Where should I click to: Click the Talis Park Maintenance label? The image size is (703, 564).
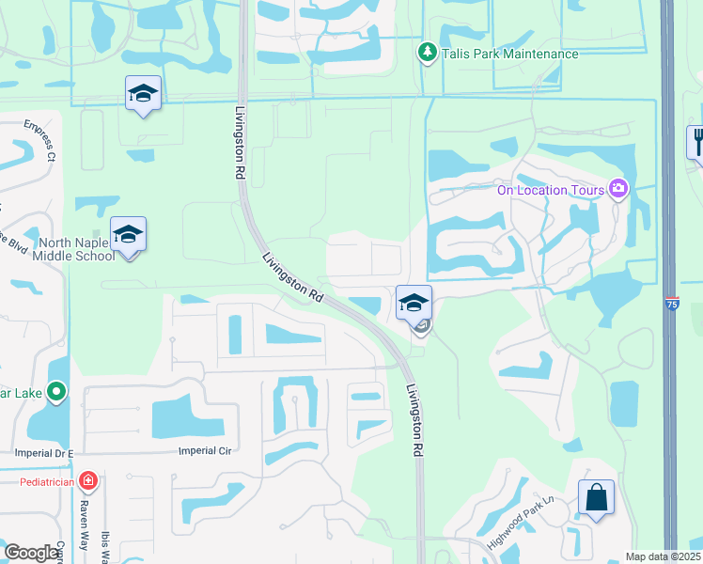tap(510, 54)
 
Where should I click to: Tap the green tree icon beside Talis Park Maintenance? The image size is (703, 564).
tap(427, 53)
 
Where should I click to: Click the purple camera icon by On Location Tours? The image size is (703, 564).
tap(617, 190)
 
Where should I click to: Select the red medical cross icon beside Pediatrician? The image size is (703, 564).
tap(88, 482)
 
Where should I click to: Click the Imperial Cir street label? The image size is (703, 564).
tap(204, 450)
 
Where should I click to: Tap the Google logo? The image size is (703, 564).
tap(31, 553)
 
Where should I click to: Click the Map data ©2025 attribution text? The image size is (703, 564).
tap(662, 556)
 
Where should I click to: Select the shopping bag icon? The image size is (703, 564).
tap(597, 497)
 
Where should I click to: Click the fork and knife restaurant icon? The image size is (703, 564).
tap(698, 142)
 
